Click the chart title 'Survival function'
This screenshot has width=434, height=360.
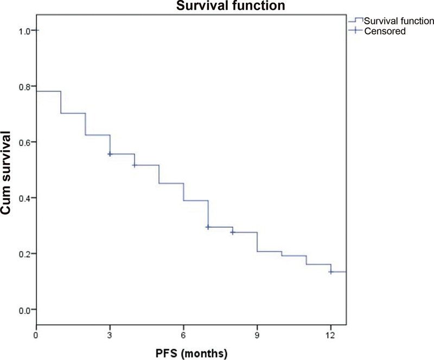pos(231,5)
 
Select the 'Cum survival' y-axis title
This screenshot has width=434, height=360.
pos(5,173)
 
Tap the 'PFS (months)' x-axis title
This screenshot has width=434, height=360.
pos(192,353)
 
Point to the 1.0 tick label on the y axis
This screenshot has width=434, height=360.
pos(24,31)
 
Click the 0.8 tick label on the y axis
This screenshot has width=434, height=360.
pos(24,87)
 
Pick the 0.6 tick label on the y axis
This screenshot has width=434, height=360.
pos(24,143)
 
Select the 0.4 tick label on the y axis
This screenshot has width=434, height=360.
pos(24,198)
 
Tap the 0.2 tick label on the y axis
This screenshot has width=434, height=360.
pos(24,255)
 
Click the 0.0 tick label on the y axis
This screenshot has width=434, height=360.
pos(24,311)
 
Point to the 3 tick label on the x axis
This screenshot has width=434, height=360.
pos(110,336)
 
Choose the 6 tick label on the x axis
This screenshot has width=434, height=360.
pos(183,336)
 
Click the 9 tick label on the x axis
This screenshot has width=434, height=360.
pos(257,336)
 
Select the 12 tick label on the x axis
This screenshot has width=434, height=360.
pos(330,336)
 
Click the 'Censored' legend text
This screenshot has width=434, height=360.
pos(385,31)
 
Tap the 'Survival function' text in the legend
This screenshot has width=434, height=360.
pos(399,21)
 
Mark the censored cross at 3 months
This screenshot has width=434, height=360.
pos(110,154)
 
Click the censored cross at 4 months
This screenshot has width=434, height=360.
pos(135,165)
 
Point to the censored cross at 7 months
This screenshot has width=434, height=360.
pos(208,227)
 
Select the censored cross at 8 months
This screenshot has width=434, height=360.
pos(233,233)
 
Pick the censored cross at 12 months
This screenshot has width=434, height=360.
pos(331,272)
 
